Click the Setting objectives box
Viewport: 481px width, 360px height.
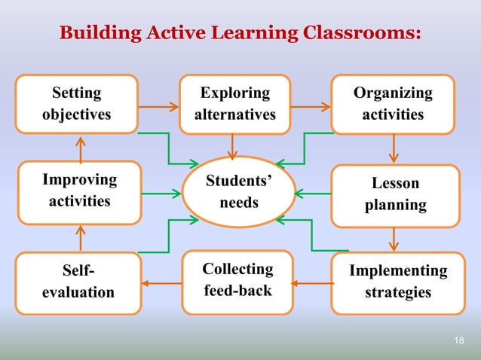77,104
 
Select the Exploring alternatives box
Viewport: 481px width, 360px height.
234,104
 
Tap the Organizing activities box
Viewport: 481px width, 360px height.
393,104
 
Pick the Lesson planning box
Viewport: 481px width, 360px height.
395,194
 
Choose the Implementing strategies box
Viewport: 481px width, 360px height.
397,281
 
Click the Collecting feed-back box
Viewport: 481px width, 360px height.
237,279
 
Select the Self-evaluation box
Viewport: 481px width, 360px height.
78,282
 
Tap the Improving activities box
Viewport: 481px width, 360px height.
79,191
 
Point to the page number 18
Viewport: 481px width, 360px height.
459,341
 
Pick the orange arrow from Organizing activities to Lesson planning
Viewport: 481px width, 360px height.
394,148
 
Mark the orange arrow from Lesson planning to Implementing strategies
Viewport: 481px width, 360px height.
394,239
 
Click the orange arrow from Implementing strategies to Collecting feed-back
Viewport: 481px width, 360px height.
312,284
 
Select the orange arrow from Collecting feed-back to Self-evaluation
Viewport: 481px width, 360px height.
162,284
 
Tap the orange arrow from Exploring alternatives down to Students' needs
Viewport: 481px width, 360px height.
233,146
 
